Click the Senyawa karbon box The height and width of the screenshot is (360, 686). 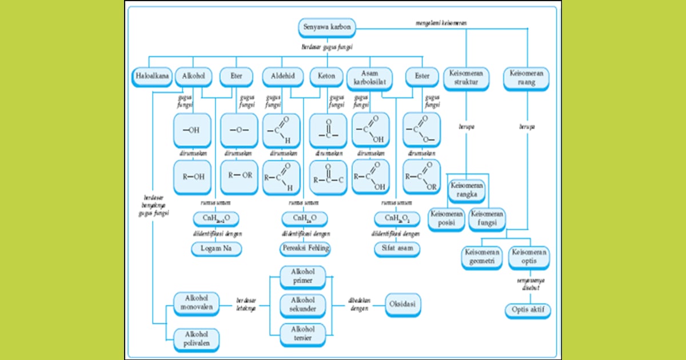click(327, 27)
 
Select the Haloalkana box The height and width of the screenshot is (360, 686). click(151, 76)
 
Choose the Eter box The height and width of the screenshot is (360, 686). click(236, 76)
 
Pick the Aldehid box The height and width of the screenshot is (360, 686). click(282, 76)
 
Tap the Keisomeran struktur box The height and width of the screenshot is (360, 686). click(466, 78)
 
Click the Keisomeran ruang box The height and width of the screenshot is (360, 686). click(527, 78)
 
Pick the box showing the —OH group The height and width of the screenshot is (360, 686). click(192, 130)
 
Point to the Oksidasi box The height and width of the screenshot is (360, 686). click(404, 304)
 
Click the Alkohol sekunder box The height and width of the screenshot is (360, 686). click(303, 305)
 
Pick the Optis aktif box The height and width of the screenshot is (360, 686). click(528, 310)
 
